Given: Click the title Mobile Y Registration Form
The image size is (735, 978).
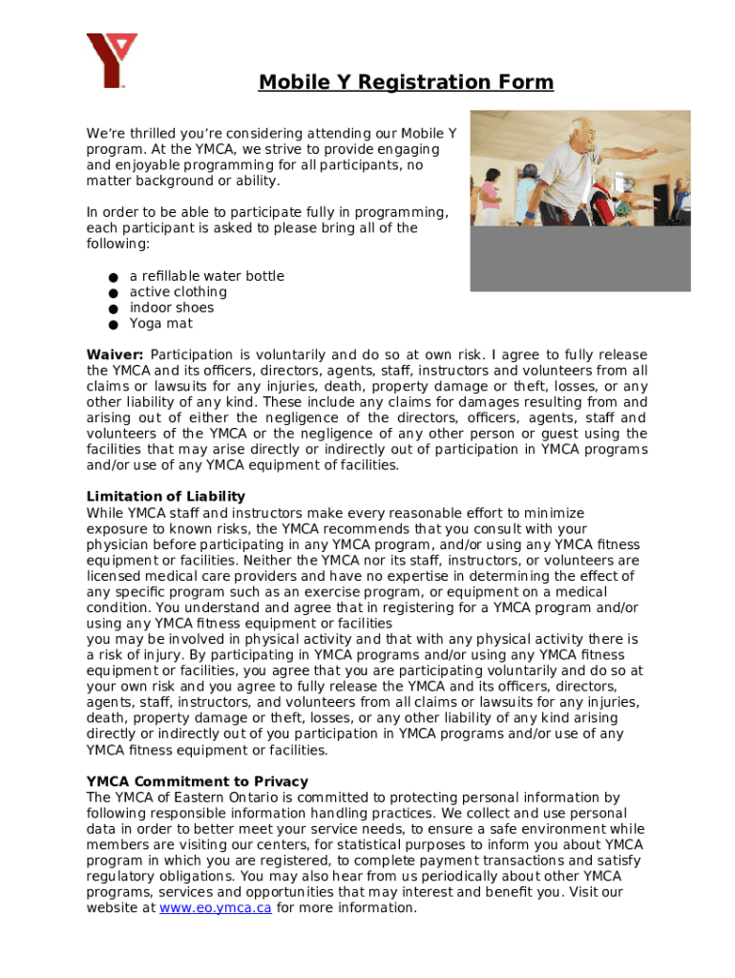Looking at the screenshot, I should pyautogui.click(x=406, y=82).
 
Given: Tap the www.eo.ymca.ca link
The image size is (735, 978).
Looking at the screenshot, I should pyautogui.click(x=216, y=907).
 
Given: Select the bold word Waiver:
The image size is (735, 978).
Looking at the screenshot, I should pyautogui.click(x=115, y=355).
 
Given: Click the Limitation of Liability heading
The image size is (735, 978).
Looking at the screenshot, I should pyautogui.click(x=166, y=497).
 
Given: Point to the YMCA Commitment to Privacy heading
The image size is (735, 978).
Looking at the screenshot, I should pyautogui.click(x=198, y=781).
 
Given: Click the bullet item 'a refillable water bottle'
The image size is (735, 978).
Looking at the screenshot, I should pyautogui.click(x=207, y=276).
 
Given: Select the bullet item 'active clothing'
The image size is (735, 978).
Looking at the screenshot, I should pyautogui.click(x=178, y=292).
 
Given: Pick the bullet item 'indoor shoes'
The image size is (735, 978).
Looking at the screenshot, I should pyautogui.click(x=172, y=308).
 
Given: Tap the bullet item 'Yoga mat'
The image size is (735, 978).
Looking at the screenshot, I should pyautogui.click(x=161, y=324).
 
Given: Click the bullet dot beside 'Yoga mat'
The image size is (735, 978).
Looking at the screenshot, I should pyautogui.click(x=112, y=325).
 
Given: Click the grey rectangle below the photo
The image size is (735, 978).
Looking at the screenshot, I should pyautogui.click(x=580, y=258).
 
